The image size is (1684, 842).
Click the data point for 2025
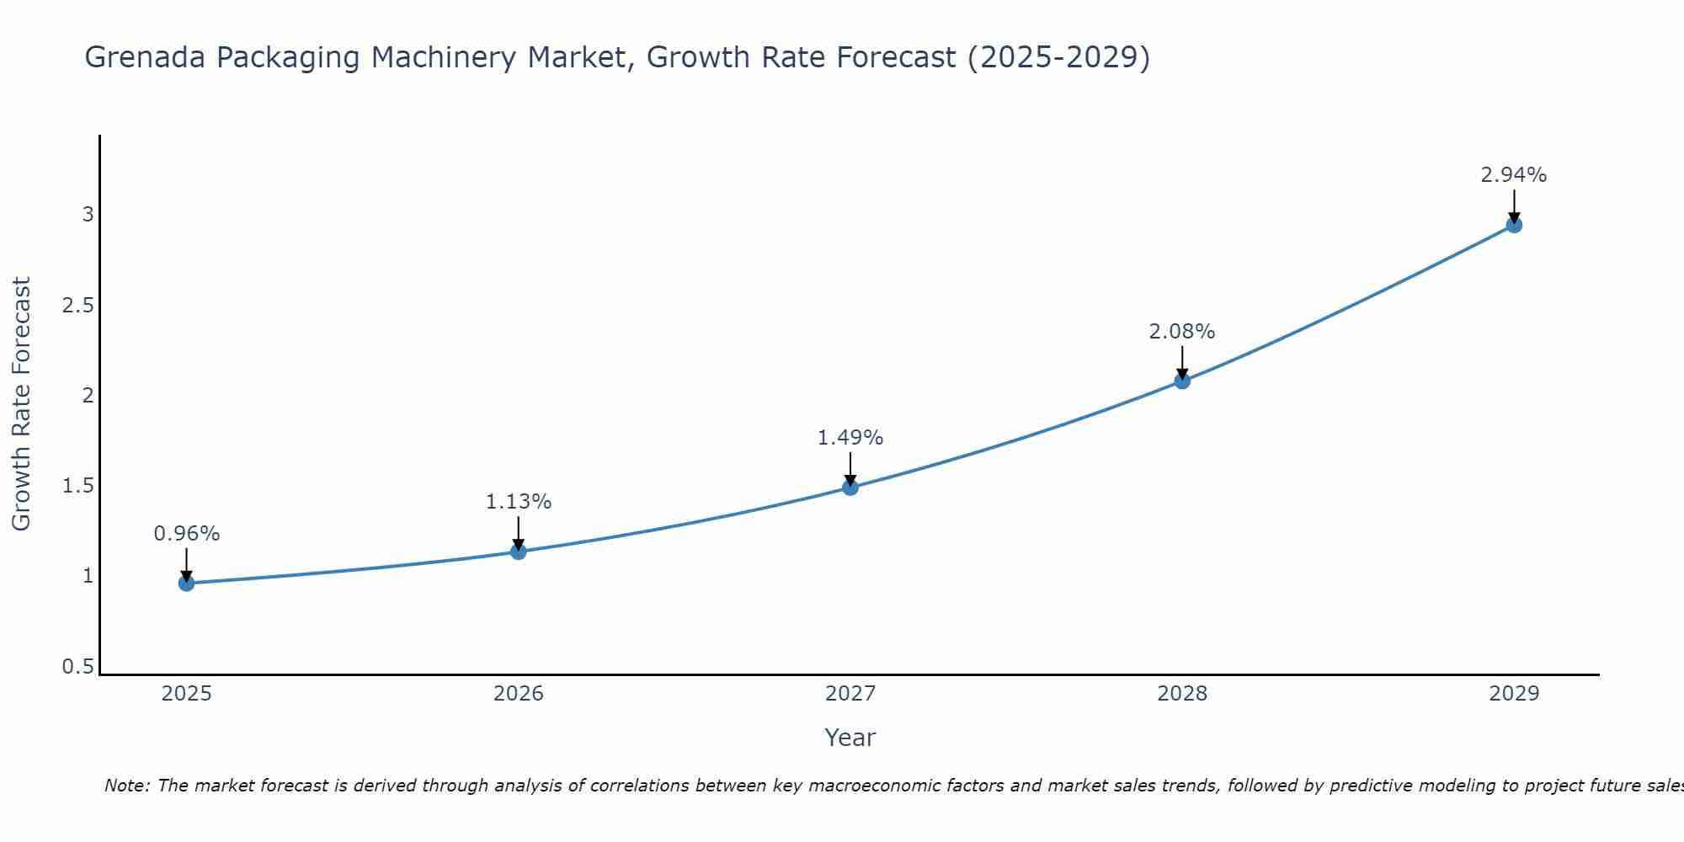click(x=186, y=583)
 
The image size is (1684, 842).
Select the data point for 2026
click(x=518, y=552)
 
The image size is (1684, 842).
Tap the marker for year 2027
click(x=850, y=487)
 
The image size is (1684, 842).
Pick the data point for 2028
click(x=1181, y=381)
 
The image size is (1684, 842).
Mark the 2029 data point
click(x=1513, y=225)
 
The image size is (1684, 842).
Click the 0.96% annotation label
click(x=186, y=534)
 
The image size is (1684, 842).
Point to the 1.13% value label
click(x=518, y=502)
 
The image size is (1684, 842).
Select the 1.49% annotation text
click(x=850, y=438)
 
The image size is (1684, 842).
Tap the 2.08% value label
click(x=1181, y=332)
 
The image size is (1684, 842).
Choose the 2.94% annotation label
click(x=1513, y=175)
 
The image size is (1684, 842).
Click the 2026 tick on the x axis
click(x=518, y=694)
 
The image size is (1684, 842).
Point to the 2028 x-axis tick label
click(x=1181, y=694)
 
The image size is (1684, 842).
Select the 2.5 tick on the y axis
click(x=77, y=306)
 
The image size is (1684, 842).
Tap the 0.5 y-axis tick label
click(x=77, y=667)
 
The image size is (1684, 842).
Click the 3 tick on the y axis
click(x=88, y=215)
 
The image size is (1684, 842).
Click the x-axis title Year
click(x=850, y=738)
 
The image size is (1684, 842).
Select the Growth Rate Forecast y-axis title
click(x=22, y=403)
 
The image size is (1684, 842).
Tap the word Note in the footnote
click(x=126, y=786)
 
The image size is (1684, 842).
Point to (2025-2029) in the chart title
click(x=1058, y=57)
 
